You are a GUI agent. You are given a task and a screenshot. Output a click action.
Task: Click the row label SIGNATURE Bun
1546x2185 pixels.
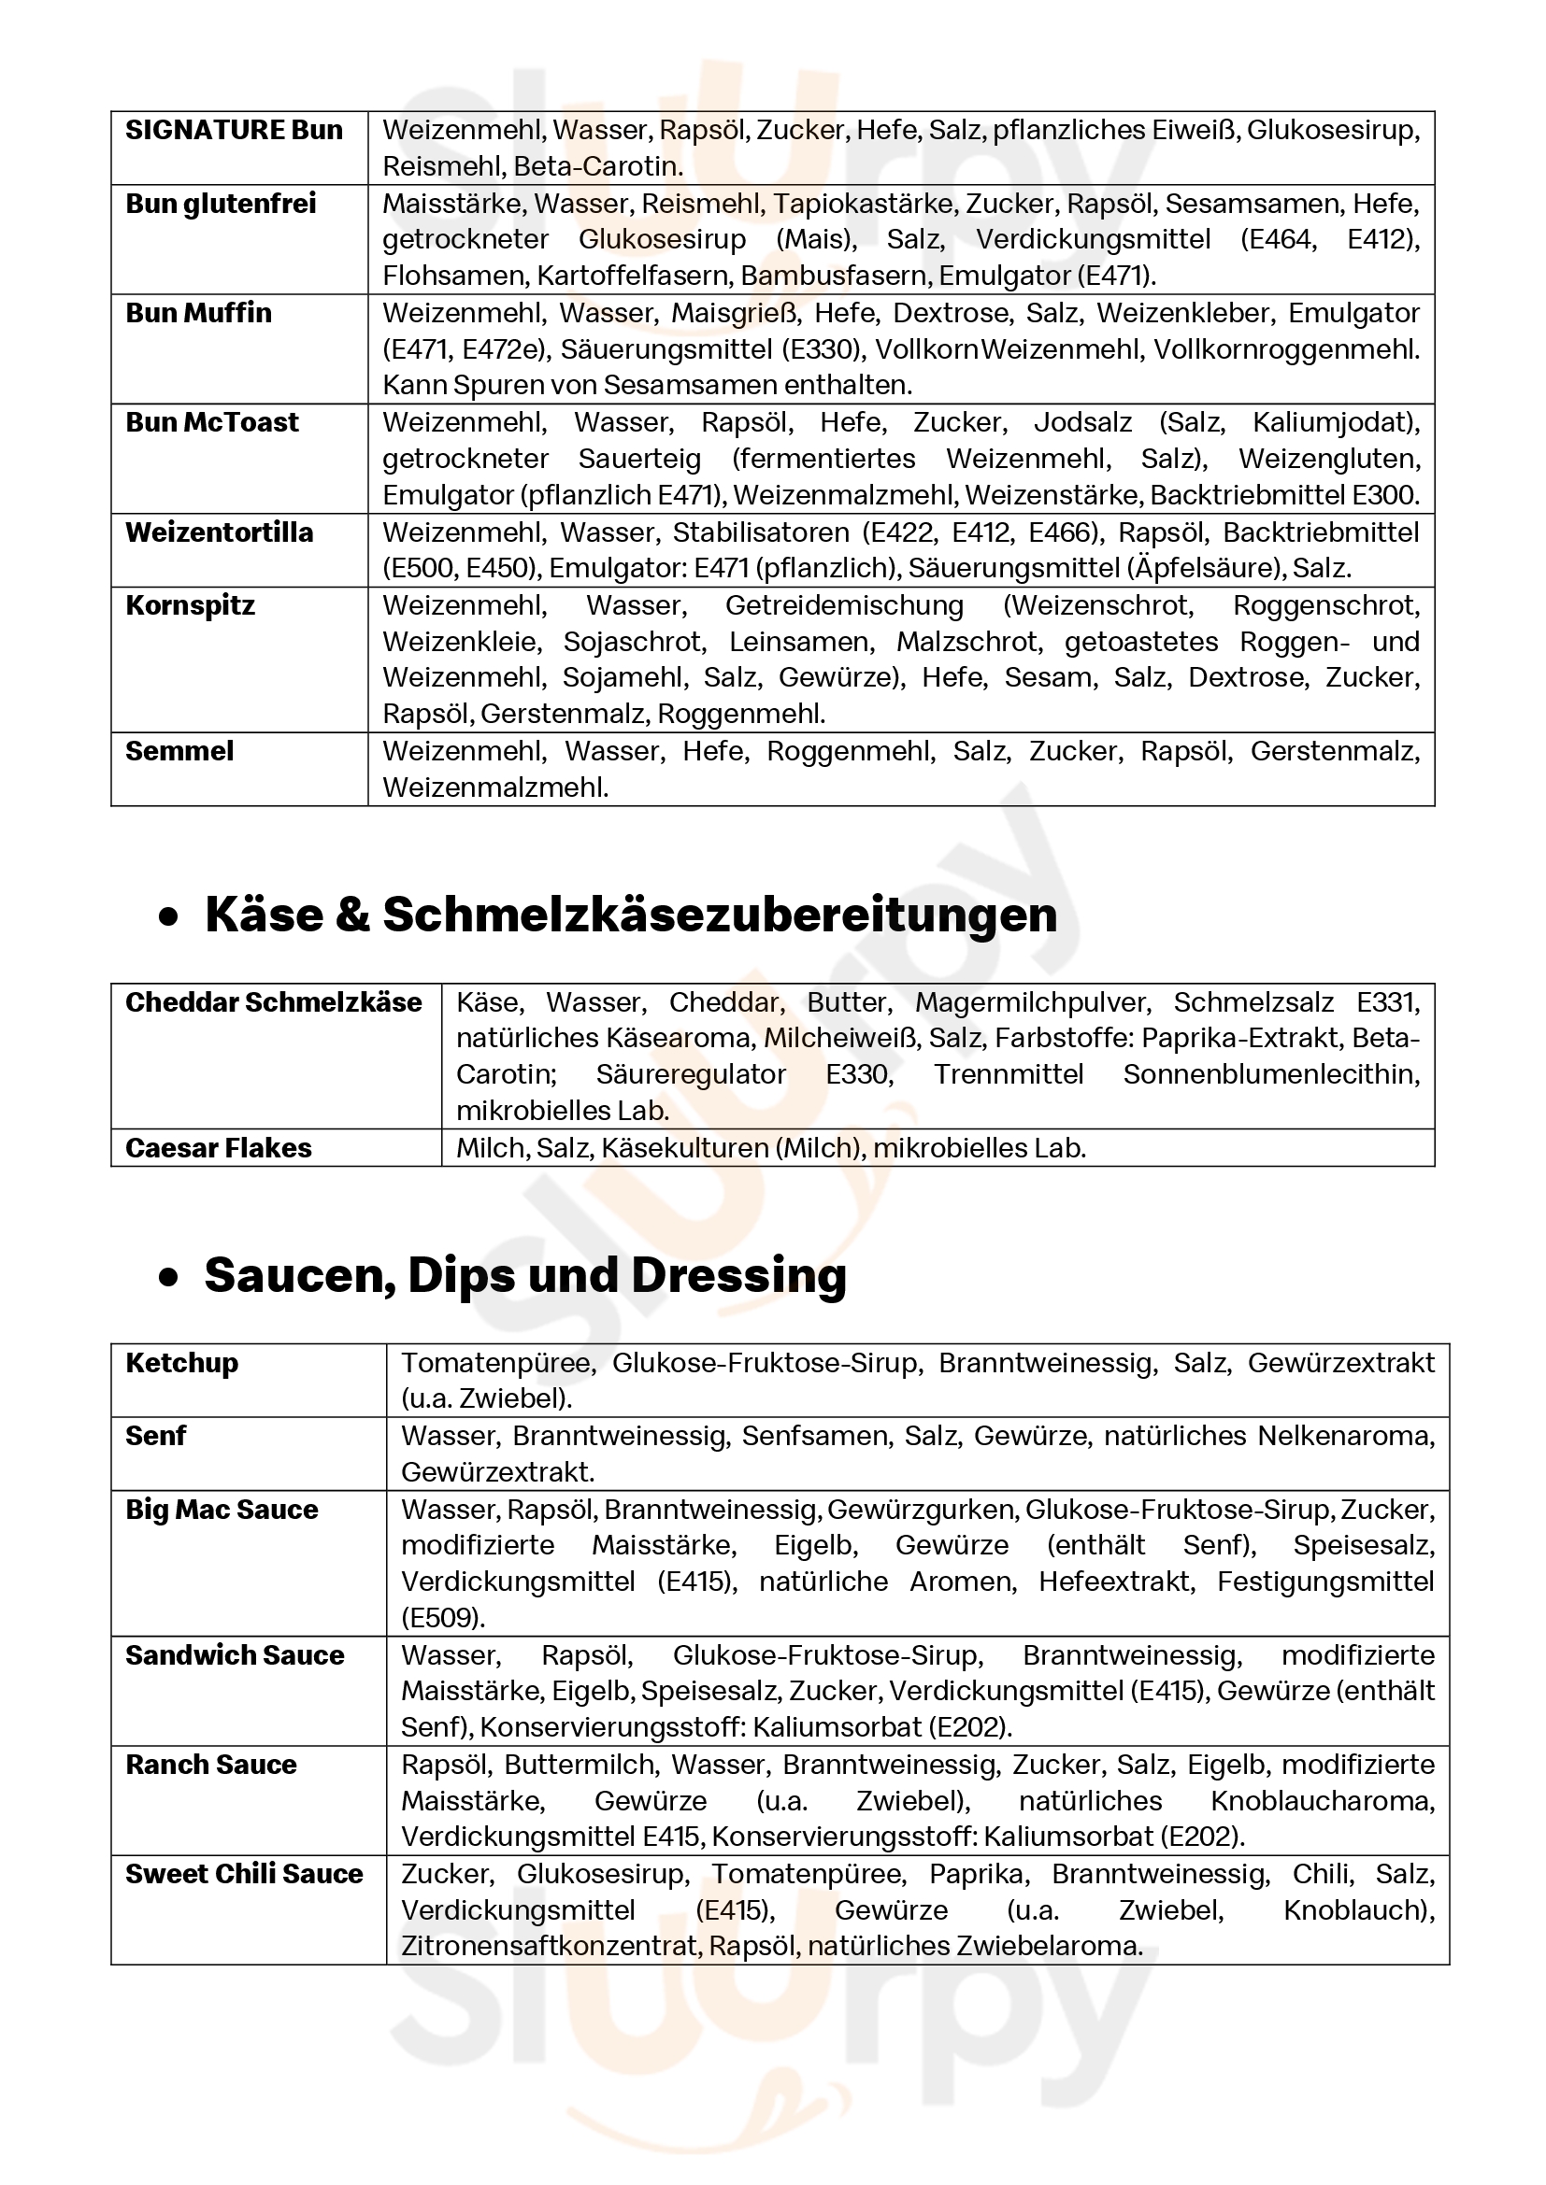(235, 130)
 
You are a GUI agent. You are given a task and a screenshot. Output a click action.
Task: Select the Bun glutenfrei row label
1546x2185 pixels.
(221, 204)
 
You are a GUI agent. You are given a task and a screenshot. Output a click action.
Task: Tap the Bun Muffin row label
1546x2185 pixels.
(199, 313)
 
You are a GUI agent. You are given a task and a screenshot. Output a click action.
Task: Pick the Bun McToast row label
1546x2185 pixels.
(212, 422)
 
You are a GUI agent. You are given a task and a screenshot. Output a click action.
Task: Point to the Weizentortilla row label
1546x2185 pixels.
(219, 532)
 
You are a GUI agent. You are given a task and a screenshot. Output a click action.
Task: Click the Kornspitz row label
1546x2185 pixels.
(191, 605)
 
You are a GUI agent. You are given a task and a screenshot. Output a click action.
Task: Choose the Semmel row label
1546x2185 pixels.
(179, 751)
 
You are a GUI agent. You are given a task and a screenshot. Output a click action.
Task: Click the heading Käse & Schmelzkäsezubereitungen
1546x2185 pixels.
(631, 915)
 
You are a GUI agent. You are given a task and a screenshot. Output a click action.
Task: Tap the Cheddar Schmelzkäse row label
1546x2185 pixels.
(273, 1002)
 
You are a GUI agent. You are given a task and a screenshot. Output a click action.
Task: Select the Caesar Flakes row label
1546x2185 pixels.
(219, 1148)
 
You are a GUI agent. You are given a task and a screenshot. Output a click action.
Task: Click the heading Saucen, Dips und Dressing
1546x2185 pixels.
(525, 1275)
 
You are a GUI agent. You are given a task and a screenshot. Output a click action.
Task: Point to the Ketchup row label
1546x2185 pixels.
(182, 1363)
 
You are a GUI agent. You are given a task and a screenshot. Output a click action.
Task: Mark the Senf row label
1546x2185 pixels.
(156, 1436)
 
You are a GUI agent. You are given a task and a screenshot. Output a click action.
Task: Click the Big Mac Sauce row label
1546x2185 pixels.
(222, 1510)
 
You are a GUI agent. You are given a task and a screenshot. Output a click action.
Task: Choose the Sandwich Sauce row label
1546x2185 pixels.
(236, 1655)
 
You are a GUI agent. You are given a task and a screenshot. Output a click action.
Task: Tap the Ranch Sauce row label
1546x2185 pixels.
(211, 1765)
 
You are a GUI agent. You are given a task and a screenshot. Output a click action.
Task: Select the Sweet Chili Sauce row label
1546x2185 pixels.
(245, 1874)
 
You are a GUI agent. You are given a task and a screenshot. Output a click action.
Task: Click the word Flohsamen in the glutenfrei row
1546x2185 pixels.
(455, 276)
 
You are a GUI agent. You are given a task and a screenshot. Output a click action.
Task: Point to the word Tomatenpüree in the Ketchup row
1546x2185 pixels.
(496, 1363)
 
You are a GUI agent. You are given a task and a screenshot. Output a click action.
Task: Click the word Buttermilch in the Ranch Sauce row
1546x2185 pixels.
(580, 1765)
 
